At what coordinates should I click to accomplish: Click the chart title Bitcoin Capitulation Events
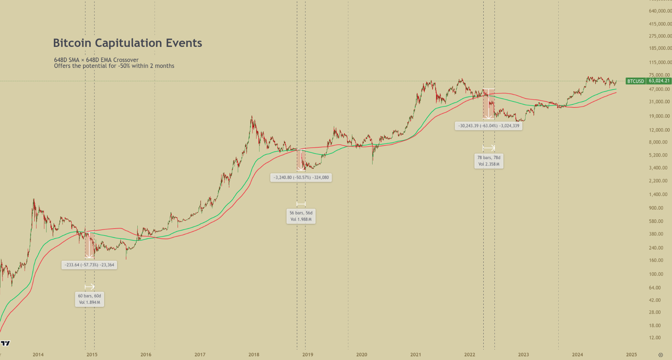127,43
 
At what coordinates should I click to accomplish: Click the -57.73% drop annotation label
89,265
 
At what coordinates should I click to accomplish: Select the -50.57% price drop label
301,177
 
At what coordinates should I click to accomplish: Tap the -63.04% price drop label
488,126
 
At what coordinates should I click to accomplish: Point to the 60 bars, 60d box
89,299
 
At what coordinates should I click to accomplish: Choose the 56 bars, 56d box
301,216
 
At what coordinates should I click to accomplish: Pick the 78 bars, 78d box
488,161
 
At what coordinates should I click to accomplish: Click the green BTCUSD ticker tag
635,81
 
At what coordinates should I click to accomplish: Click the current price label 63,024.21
659,81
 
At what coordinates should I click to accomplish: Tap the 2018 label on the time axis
254,354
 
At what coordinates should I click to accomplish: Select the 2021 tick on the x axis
415,354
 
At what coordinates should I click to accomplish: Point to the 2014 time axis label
38,354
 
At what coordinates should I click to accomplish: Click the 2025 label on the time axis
631,354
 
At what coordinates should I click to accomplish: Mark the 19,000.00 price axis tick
659,116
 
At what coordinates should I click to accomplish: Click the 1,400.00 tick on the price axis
659,194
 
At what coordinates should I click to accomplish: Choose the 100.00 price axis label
656,274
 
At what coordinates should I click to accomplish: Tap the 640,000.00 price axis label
660,11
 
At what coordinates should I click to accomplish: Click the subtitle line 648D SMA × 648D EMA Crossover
96,60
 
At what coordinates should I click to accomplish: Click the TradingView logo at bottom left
5,343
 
